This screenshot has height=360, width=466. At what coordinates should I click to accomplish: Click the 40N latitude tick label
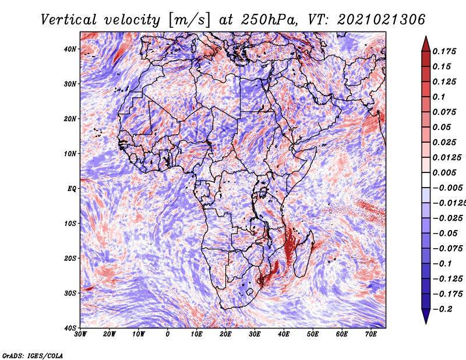coord(70,49)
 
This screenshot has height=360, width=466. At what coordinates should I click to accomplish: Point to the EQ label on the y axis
coord(72,189)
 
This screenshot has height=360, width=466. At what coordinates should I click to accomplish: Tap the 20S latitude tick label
coord(70,258)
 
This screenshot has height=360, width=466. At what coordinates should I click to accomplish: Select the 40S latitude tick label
coord(70,328)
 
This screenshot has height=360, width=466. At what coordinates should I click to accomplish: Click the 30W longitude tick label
coord(80,334)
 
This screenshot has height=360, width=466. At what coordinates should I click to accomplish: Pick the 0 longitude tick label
coord(168,334)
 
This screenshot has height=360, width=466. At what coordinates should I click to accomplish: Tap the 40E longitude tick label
coord(284,334)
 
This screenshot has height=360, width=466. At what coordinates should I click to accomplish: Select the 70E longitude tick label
coord(371,334)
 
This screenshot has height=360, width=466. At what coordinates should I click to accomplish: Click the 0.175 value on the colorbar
coord(444,52)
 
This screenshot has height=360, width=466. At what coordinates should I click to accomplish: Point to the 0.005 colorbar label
coord(444,172)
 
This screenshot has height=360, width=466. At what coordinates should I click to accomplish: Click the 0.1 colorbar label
coord(439,97)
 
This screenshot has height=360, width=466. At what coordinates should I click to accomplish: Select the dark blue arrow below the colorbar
coord(426,316)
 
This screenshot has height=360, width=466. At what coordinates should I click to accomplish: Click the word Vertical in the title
coord(69,20)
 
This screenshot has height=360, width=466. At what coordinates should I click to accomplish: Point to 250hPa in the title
coord(269,20)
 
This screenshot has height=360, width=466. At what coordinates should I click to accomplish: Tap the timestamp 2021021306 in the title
coord(381,20)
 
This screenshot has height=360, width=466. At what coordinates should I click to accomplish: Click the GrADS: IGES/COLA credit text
coord(33,356)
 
